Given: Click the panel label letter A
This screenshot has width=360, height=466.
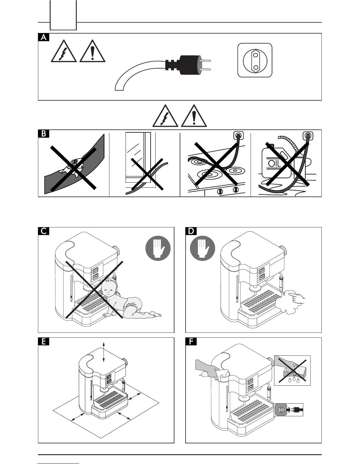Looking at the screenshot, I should pos(44,37).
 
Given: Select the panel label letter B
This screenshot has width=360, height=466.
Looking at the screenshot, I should pos(44,134).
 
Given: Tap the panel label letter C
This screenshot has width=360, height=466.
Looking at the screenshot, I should pos(44,231).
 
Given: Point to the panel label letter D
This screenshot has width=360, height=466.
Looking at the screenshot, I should pos(191,231).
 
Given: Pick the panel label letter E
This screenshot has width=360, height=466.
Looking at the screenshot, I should pos(44,342).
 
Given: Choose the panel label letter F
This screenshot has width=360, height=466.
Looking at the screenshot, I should pos(191,342).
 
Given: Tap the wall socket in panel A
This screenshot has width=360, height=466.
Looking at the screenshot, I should pos(255,60).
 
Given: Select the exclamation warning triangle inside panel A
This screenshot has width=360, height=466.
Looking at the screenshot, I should pos(92,51).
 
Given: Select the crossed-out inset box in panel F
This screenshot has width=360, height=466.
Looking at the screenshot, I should pos(292,370).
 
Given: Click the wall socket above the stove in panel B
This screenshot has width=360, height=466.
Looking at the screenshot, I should pos(238,136).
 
